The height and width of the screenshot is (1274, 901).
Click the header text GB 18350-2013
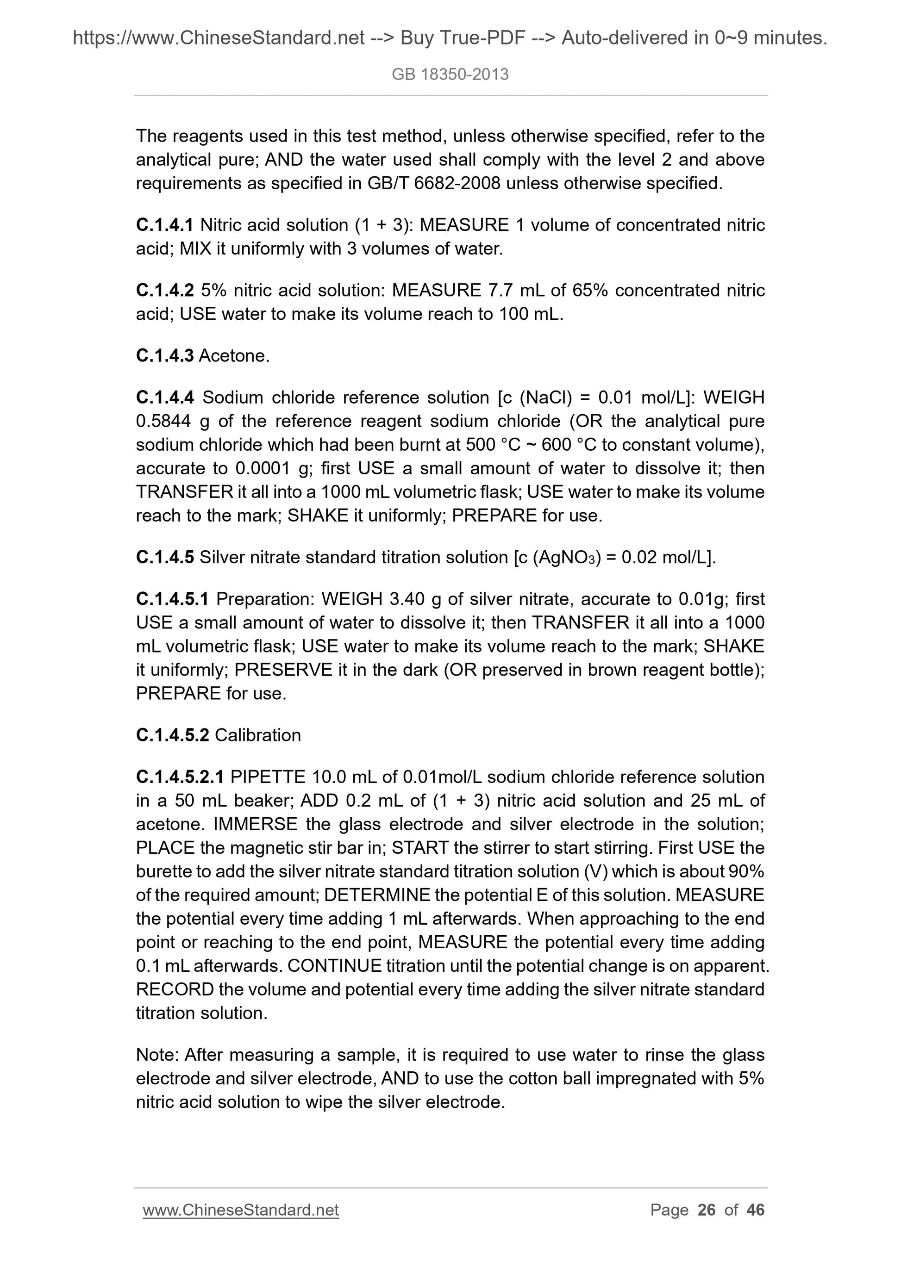point(450,75)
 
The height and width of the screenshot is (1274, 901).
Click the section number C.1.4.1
point(164,225)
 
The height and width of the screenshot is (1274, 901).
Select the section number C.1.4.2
point(164,290)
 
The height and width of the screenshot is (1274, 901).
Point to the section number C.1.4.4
point(164,398)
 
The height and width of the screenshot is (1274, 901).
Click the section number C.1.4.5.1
point(172,599)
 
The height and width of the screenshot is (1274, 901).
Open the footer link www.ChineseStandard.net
point(240,1210)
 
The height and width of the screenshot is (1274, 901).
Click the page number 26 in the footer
point(706,1210)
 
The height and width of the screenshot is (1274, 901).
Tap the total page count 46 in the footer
point(756,1210)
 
